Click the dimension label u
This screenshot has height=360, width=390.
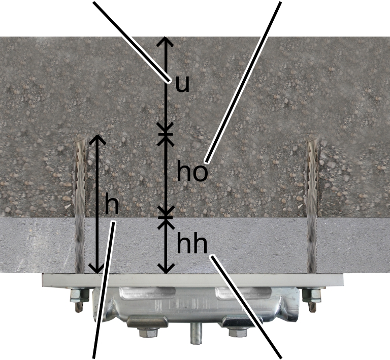[x=182, y=84]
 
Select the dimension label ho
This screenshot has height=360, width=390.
[x=192, y=171]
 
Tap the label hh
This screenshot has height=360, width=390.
[x=192, y=243]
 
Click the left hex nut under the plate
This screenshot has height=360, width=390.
[x=79, y=296]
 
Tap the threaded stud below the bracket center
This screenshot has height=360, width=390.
[x=196, y=334]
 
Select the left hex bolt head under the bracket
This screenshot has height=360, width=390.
[x=149, y=333]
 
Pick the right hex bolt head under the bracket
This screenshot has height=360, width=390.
[x=239, y=333]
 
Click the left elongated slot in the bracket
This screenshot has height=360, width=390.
[x=147, y=292]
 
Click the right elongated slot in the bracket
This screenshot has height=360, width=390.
[x=243, y=292]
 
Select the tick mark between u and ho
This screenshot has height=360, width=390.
[x=166, y=135]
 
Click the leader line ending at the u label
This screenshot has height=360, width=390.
[x=132, y=42]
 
